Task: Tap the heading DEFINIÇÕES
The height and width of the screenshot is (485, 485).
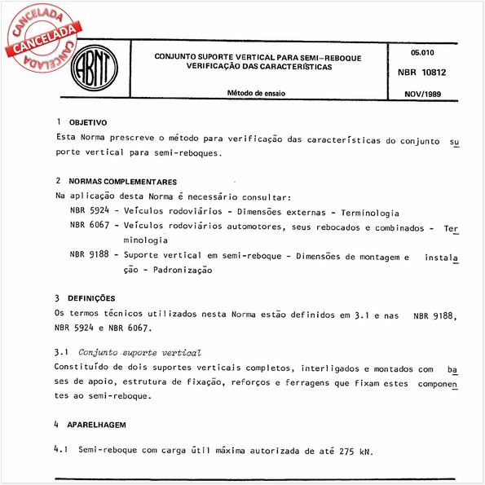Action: (92, 298)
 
